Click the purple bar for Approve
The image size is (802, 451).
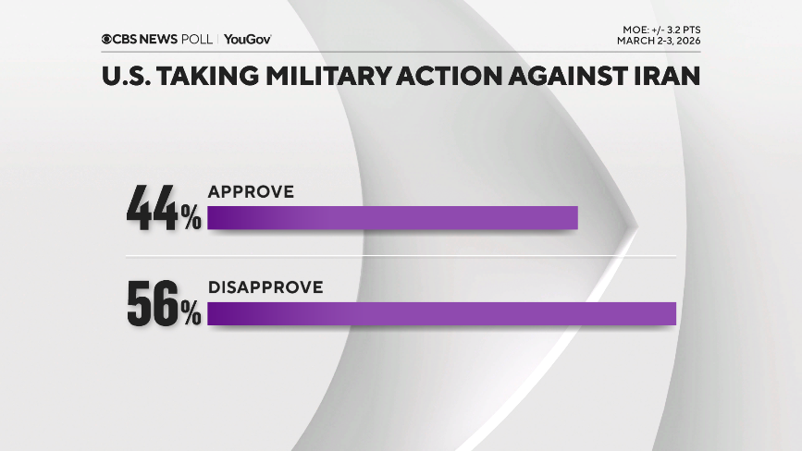pyautogui.click(x=392, y=217)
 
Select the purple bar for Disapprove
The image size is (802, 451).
pyautogui.click(x=442, y=313)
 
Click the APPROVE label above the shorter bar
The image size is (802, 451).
pyautogui.click(x=251, y=191)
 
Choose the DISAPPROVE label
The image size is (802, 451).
pyautogui.click(x=265, y=287)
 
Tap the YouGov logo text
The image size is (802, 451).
pyautogui.click(x=247, y=39)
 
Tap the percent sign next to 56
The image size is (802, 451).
pyautogui.click(x=191, y=315)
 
